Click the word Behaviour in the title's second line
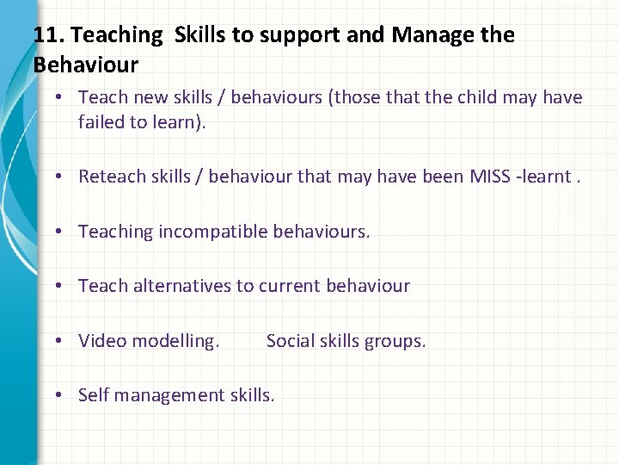tap(85, 65)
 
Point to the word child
tap(479, 98)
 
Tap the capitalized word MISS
tap(490, 177)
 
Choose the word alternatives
tap(182, 286)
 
